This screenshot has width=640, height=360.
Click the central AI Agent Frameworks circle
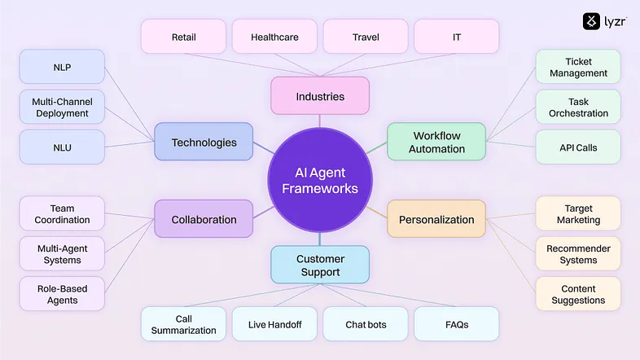click(320, 180)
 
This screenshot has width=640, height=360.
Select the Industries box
click(320, 96)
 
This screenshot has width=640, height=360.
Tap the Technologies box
click(204, 143)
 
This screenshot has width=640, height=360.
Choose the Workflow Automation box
click(436, 142)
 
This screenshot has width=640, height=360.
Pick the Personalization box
click(436, 219)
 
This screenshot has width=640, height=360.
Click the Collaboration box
click(204, 219)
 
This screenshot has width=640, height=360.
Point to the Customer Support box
click(320, 265)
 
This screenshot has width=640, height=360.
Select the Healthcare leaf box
click(274, 37)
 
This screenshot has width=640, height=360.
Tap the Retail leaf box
click(183, 37)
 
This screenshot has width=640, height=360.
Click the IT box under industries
click(456, 37)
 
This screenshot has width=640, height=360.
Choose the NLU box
click(62, 147)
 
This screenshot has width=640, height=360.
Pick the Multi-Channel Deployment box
click(62, 107)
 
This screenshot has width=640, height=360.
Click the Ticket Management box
click(578, 67)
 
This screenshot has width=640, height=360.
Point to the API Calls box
click(578, 147)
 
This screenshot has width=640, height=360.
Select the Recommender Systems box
click(578, 254)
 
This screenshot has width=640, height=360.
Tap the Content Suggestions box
click(578, 294)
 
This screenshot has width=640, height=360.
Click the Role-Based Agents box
click(62, 294)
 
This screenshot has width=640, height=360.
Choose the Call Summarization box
click(183, 324)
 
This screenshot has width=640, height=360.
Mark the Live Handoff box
click(274, 324)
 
